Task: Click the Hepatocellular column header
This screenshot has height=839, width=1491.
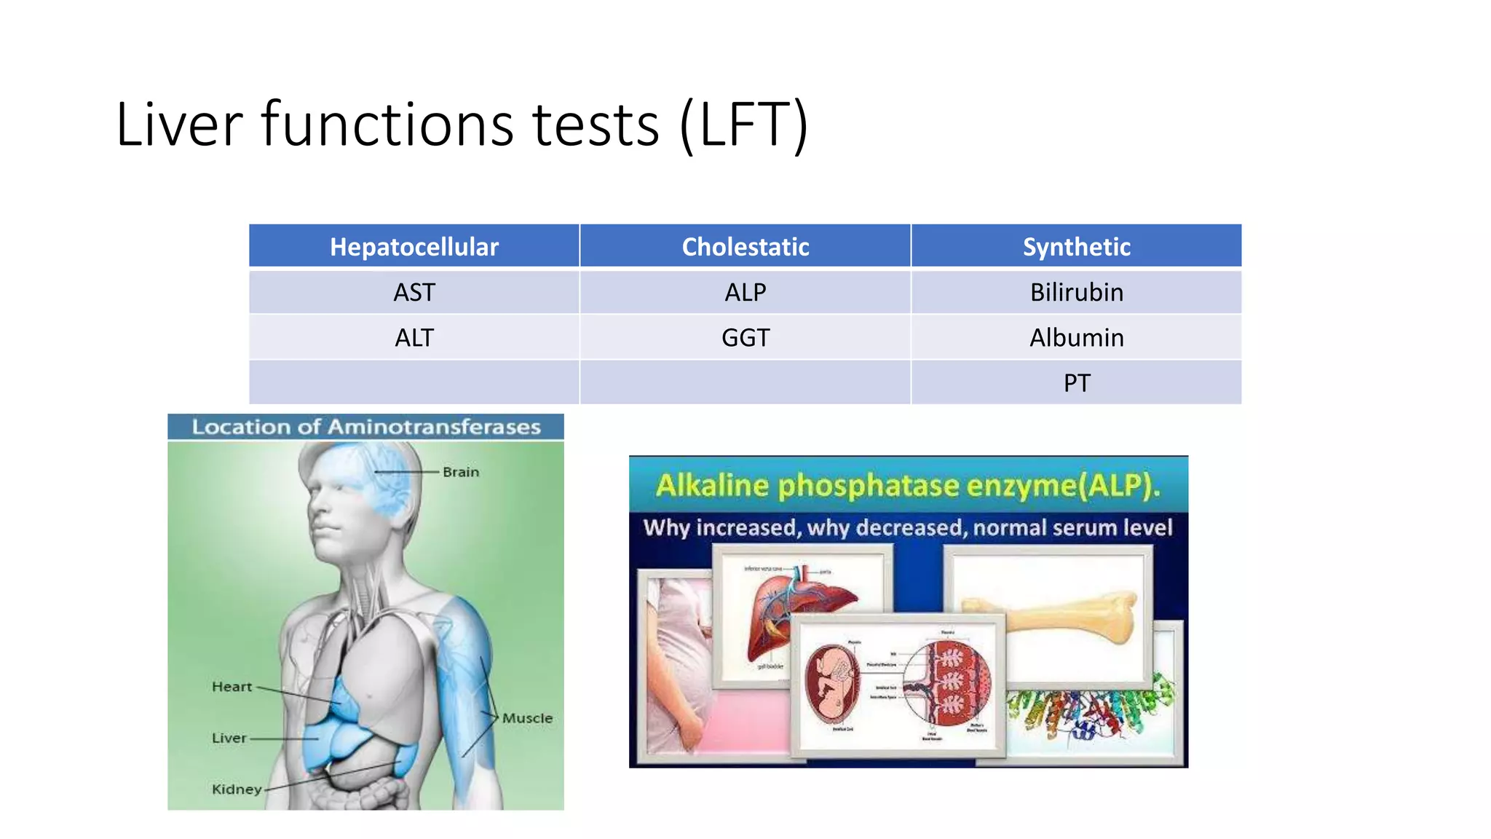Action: [414, 247]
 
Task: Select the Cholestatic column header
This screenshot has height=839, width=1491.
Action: [745, 247]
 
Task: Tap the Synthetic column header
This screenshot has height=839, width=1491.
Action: [1076, 247]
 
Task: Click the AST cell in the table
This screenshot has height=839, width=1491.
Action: [414, 292]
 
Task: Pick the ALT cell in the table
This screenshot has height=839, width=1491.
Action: [414, 337]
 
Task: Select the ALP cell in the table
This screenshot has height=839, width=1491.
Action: [745, 292]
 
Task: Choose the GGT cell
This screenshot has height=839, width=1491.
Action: [745, 337]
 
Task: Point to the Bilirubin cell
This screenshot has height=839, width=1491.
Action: [1076, 292]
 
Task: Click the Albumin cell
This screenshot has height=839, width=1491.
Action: [1076, 337]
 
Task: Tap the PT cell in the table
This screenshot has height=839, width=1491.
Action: [1076, 382]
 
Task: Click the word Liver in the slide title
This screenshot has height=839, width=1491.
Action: [178, 125]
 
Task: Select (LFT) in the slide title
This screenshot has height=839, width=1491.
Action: [743, 125]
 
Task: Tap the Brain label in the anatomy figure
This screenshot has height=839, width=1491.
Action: [461, 472]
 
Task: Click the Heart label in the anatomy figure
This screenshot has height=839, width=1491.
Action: [232, 686]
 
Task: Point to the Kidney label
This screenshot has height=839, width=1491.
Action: [236, 789]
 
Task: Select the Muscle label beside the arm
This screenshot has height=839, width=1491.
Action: [527, 718]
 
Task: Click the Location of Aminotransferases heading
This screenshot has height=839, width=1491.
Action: [366, 427]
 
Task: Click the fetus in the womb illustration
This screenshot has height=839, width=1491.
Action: [832, 681]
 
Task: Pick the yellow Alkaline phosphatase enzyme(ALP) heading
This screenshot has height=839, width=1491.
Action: [908, 486]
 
